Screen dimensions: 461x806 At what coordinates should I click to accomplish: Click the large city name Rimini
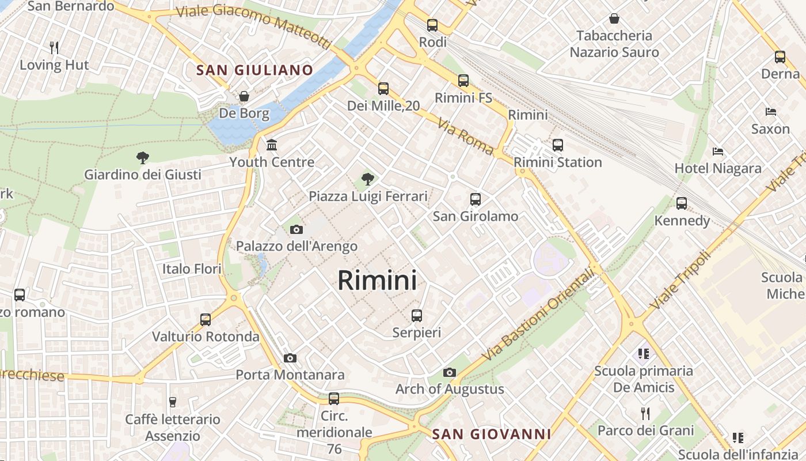tap(377, 281)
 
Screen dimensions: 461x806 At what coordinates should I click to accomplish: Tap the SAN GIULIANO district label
tap(254, 70)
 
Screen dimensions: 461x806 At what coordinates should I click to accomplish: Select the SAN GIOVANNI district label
tap(491, 434)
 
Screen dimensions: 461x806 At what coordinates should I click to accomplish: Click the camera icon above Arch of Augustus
tap(450, 373)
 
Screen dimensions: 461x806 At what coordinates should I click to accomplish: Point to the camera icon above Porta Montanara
tap(290, 358)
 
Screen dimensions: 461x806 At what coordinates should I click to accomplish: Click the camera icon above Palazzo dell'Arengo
tap(296, 230)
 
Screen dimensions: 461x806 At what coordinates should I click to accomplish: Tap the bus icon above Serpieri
tap(417, 316)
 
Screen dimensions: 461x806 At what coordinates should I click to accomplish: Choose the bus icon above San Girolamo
tap(476, 199)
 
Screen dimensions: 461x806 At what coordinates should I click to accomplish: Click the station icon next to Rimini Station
tap(557, 145)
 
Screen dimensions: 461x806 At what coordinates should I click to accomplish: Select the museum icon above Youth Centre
tap(272, 145)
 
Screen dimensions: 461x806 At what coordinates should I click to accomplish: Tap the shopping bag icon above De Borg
tap(244, 96)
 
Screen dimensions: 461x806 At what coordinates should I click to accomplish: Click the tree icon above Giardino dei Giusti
tap(142, 157)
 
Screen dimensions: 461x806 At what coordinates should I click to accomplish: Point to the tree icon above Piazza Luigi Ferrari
tap(368, 179)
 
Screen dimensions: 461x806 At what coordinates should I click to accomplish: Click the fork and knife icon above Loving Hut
tap(54, 47)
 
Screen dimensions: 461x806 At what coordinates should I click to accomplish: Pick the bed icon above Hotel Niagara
tap(718, 152)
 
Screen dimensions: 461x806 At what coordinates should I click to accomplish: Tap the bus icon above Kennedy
tap(682, 203)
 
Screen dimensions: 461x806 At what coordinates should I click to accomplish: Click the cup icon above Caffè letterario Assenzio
tap(172, 402)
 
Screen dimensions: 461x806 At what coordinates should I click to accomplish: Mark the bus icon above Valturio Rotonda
tap(206, 319)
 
